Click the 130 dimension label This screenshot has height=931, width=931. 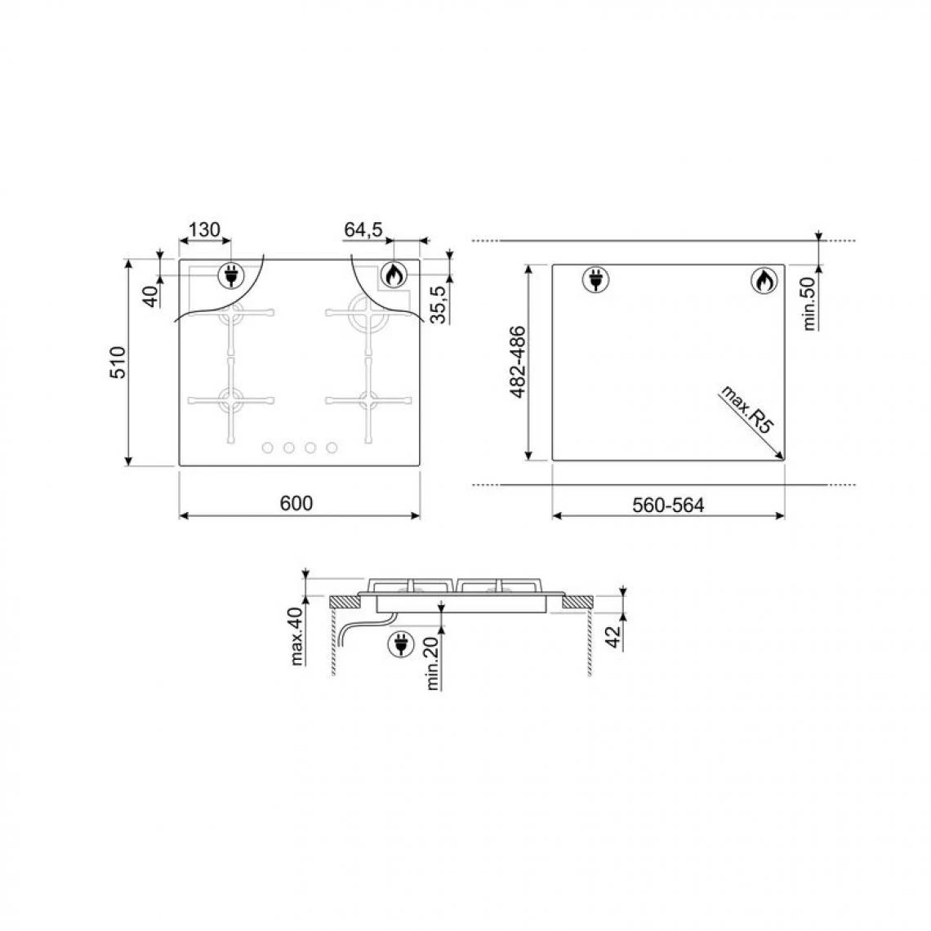[204, 229]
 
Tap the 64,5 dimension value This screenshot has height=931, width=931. [363, 229]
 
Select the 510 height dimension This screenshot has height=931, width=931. [118, 362]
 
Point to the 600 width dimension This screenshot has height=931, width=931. [296, 504]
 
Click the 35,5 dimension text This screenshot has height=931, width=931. [439, 304]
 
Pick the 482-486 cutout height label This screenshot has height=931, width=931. [518, 362]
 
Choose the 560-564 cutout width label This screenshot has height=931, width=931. [668, 506]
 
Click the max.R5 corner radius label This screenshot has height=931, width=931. [747, 410]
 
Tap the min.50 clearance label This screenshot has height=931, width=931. [809, 304]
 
